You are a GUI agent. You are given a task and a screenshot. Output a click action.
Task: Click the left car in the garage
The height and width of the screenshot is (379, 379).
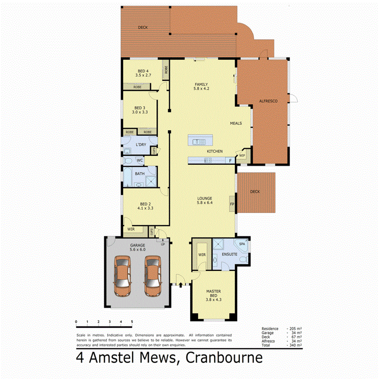click(x=123, y=276)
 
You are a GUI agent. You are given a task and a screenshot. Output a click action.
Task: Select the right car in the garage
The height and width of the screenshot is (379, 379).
click(x=152, y=276)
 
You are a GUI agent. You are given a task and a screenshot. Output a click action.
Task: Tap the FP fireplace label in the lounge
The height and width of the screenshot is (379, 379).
click(x=232, y=204)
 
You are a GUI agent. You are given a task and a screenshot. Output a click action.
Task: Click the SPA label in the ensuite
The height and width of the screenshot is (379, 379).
click(x=242, y=244)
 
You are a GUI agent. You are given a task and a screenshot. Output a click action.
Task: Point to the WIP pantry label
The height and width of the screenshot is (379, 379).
click(x=242, y=155)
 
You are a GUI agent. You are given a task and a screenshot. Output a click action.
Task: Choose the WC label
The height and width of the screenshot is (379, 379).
click(x=139, y=160)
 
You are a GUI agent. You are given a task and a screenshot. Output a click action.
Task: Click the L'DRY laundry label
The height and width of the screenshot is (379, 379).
click(x=141, y=145)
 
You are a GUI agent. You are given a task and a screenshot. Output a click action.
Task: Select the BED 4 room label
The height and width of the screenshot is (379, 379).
click(x=143, y=71)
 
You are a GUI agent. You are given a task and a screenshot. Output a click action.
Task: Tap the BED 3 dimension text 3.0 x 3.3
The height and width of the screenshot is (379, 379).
click(x=139, y=112)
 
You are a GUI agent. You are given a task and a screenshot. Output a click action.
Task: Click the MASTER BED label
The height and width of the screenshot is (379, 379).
click(x=214, y=291)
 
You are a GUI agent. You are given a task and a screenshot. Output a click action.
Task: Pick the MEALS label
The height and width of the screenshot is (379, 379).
click(x=236, y=123)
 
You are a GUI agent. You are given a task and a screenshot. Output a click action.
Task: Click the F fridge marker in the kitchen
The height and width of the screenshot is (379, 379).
click(x=230, y=160)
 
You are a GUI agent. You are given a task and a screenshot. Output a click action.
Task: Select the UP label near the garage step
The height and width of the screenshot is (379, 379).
click(x=163, y=244)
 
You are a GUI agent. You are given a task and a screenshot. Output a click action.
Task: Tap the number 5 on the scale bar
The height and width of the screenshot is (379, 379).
click(x=132, y=322)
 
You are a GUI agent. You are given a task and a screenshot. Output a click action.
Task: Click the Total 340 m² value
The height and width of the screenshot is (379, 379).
click(x=295, y=345)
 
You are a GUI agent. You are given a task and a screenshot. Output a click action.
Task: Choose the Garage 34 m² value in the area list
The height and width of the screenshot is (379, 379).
click(x=295, y=333)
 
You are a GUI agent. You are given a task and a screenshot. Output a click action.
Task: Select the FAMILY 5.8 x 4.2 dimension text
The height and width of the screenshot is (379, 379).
click(x=201, y=89)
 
